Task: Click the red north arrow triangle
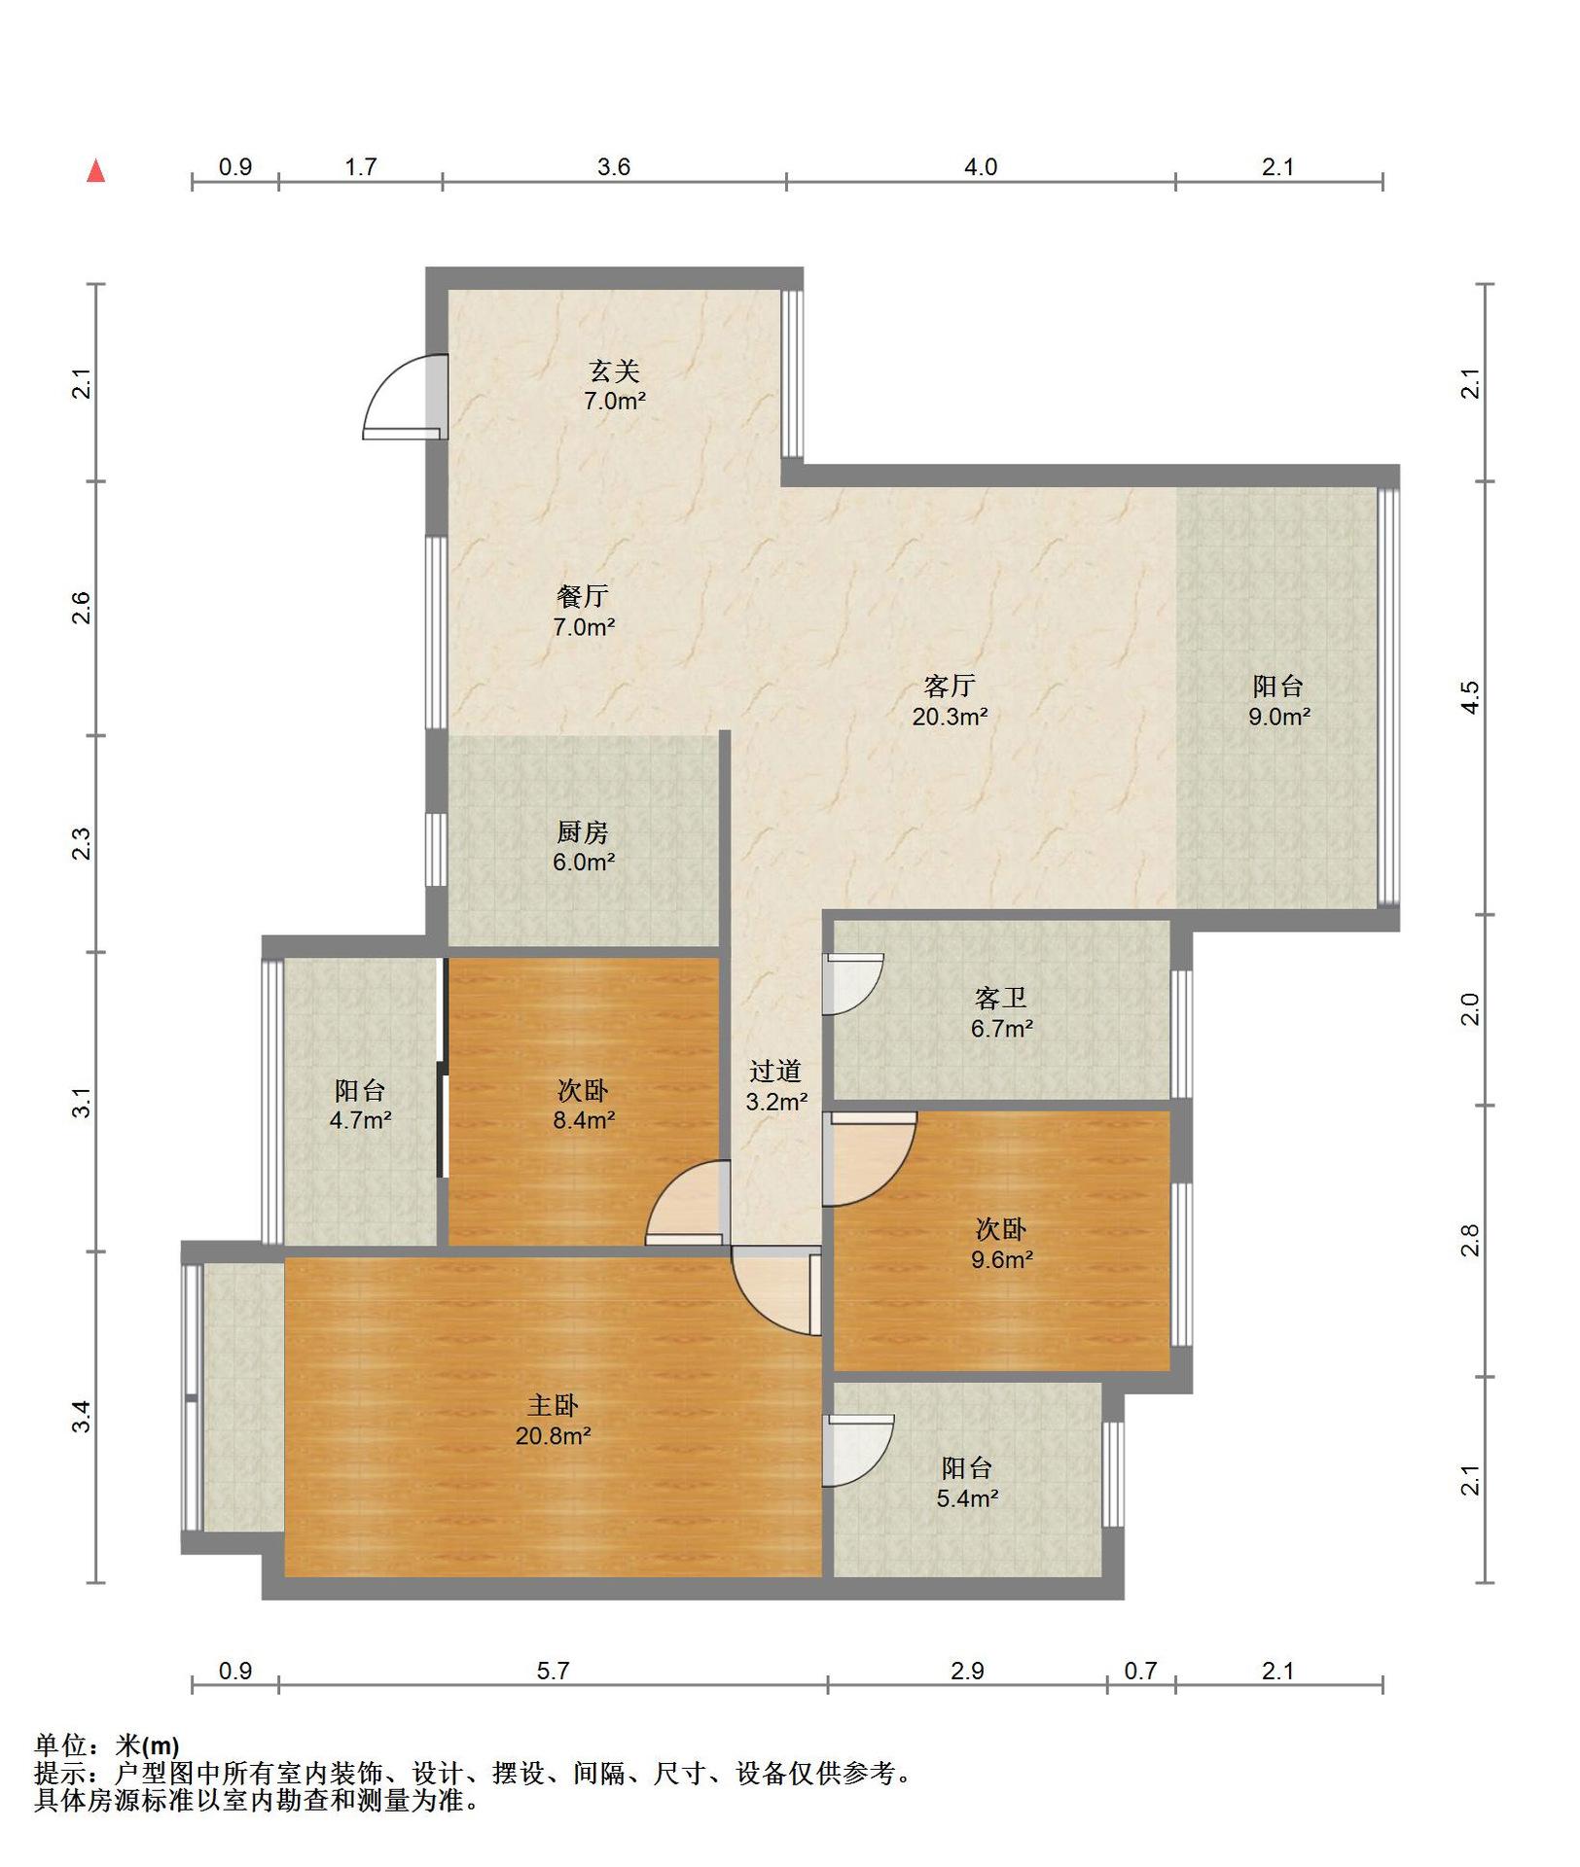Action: point(96,171)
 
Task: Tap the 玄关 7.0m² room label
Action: point(615,385)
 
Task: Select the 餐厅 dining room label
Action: point(584,612)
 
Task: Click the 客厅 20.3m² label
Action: point(950,701)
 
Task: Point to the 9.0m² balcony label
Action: point(1278,701)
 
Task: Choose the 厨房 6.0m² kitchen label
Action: point(584,847)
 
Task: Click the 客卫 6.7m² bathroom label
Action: point(1001,1013)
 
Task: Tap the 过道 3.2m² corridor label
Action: point(775,1086)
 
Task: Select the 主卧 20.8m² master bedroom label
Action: point(553,1420)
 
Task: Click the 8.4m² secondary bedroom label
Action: point(584,1105)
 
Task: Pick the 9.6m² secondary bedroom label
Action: point(1001,1245)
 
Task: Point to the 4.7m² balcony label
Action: point(360,1105)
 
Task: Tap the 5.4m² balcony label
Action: point(967,1483)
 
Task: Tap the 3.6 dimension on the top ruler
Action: point(614,167)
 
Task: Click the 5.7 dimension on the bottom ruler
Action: point(553,1671)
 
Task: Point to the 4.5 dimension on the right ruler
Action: point(1471,697)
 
